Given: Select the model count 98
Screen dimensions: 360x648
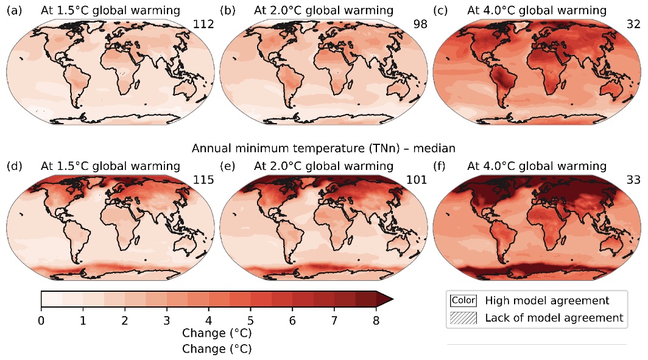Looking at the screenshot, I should click(x=420, y=24).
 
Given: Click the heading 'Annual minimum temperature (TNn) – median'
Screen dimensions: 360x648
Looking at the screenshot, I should click(x=323, y=147).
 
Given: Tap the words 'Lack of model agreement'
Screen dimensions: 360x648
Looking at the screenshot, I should click(x=554, y=317).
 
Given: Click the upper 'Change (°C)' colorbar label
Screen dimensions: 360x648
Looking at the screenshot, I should click(x=216, y=334).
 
